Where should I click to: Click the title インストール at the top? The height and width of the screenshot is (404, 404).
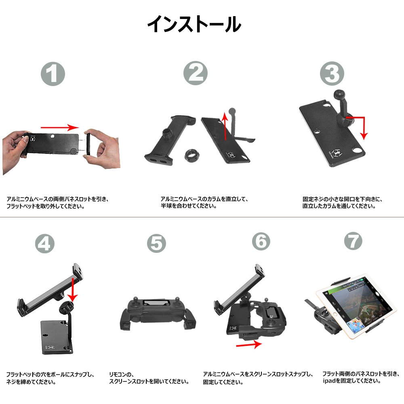pyautogui.click(x=194, y=24)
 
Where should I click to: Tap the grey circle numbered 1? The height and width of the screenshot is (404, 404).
pyautogui.click(x=53, y=74)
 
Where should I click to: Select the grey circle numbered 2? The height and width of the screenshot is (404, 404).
pyautogui.click(x=195, y=73)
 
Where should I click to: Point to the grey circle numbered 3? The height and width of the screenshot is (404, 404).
pyautogui.click(x=332, y=74)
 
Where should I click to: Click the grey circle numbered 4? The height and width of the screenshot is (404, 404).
pyautogui.click(x=44, y=244)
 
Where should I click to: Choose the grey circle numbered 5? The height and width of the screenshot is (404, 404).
pyautogui.click(x=156, y=244)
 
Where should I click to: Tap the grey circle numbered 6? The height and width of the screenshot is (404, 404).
pyautogui.click(x=261, y=241)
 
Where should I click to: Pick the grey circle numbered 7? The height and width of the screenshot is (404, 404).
pyautogui.click(x=353, y=241)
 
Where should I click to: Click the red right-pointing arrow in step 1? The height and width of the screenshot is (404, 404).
pyautogui.click(x=60, y=127)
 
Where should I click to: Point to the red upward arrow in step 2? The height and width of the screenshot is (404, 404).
pyautogui.click(x=225, y=126)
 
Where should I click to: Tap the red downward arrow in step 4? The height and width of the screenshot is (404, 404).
pyautogui.click(x=73, y=289)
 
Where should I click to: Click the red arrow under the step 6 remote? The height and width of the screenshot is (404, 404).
pyautogui.click(x=249, y=345)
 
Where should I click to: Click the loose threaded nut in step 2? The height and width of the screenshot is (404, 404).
pyautogui.click(x=191, y=155)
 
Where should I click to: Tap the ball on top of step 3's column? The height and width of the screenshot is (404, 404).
pyautogui.click(x=339, y=95)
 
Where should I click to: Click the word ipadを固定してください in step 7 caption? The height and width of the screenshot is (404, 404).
pyautogui.click(x=351, y=381)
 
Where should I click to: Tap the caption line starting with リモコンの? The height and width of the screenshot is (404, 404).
pyautogui.click(x=121, y=375)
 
